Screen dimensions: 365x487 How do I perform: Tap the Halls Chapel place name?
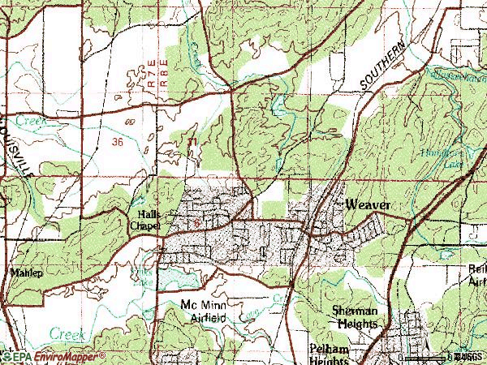(148, 220)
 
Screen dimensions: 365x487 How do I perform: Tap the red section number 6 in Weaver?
(196, 221)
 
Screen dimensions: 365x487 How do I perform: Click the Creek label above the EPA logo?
(67, 333)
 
